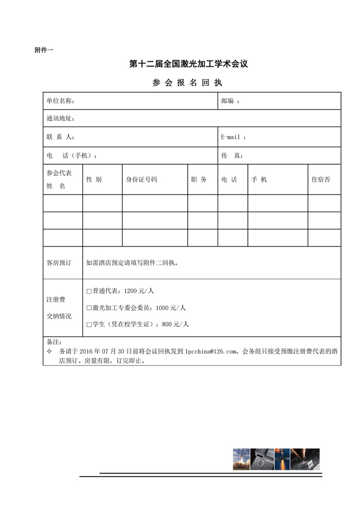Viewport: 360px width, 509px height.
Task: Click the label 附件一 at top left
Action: [x=44, y=50]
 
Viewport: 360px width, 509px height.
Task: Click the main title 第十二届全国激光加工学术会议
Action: [x=189, y=64]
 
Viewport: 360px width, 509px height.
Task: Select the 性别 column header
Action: [x=94, y=180]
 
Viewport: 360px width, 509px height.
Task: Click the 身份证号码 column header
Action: [x=141, y=180]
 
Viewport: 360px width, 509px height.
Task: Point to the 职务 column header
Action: [x=199, y=180]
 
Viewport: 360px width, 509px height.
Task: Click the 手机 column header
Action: [x=259, y=180]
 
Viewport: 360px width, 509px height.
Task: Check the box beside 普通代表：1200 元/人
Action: [x=89, y=291]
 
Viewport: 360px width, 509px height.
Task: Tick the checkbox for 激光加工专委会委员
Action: [x=89, y=308]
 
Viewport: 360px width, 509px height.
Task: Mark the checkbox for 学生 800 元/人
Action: [x=89, y=325]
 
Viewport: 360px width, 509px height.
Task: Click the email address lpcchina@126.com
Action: [x=212, y=352]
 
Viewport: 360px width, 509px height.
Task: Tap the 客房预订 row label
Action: [x=59, y=262]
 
